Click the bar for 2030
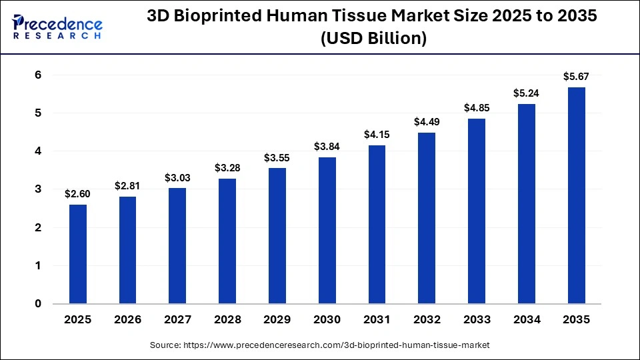tap(327, 231)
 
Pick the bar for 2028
tap(227, 241)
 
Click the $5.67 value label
tap(577, 76)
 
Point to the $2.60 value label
tap(77, 193)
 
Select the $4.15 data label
tap(377, 134)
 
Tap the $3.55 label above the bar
tap(277, 157)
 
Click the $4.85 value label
tap(477, 107)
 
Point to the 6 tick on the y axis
tap(38, 75)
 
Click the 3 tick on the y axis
tap(38, 189)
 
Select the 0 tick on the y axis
tap(38, 304)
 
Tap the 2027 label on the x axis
tap(177, 320)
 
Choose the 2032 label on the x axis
tap(427, 320)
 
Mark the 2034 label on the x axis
tap(527, 320)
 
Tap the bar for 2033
tap(477, 211)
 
